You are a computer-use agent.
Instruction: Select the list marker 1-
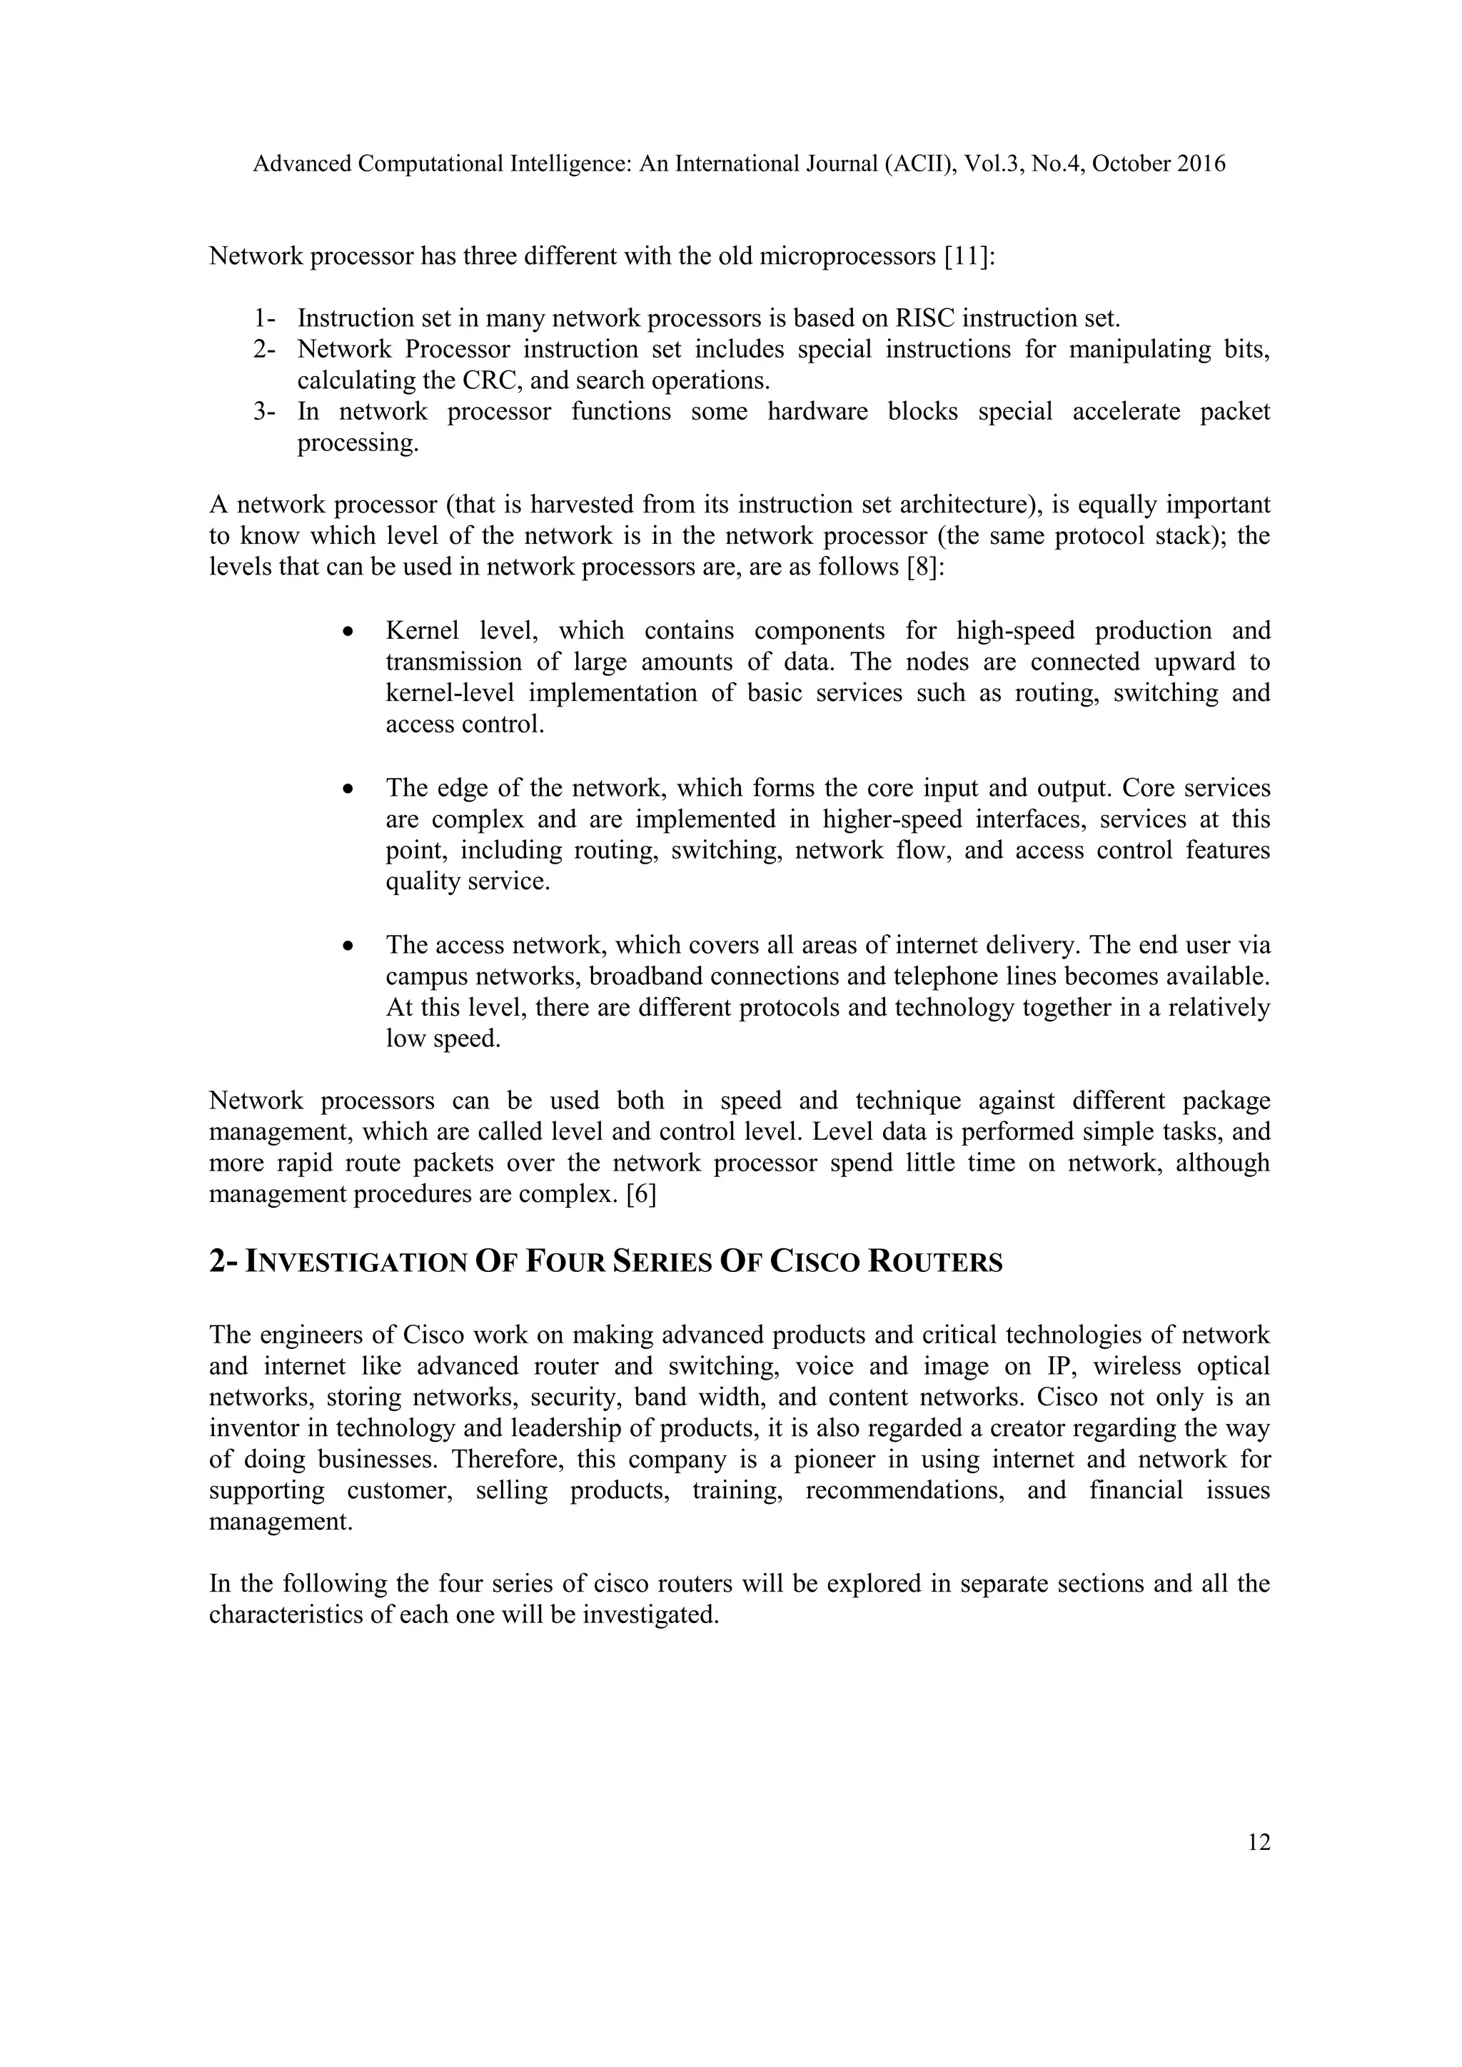point(265,319)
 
